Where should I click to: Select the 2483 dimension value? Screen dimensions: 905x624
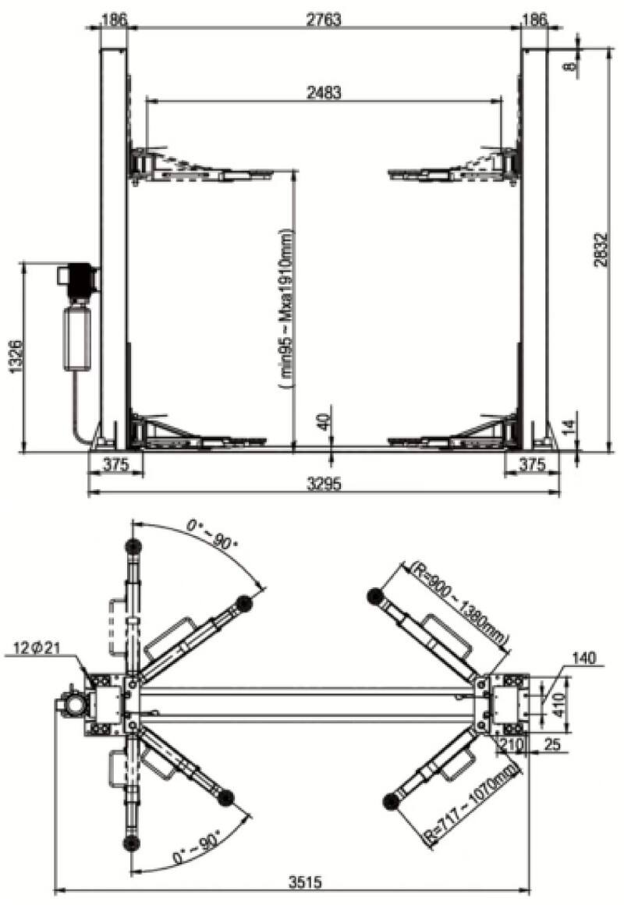click(324, 91)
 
